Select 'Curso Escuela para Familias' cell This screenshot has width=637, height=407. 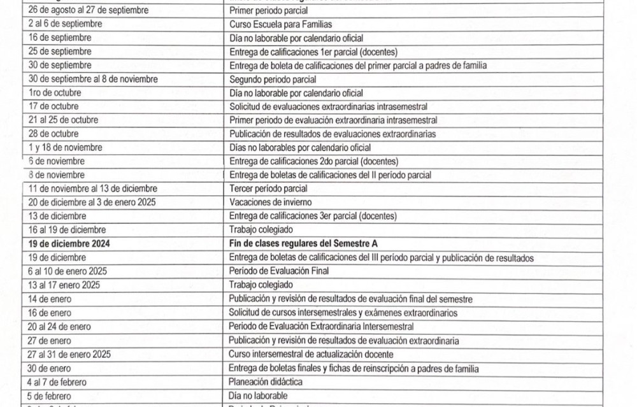click(280, 24)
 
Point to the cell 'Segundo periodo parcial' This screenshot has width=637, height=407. click(273, 80)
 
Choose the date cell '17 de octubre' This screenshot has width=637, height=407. click(54, 106)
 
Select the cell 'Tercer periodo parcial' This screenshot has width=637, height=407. click(268, 189)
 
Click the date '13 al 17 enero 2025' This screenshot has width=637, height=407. click(64, 285)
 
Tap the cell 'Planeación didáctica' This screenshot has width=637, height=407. click(266, 382)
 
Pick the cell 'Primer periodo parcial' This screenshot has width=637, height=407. click(268, 11)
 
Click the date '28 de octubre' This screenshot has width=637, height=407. click(54, 134)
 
